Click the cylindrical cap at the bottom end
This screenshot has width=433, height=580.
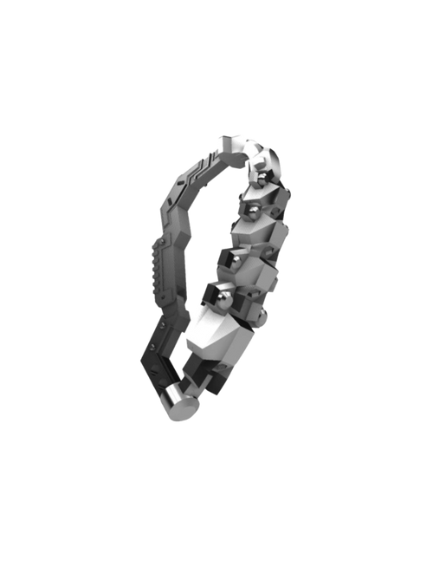[x=178, y=401]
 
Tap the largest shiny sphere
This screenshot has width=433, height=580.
[x=223, y=299]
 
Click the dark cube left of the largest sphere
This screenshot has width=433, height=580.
[x=207, y=295]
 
